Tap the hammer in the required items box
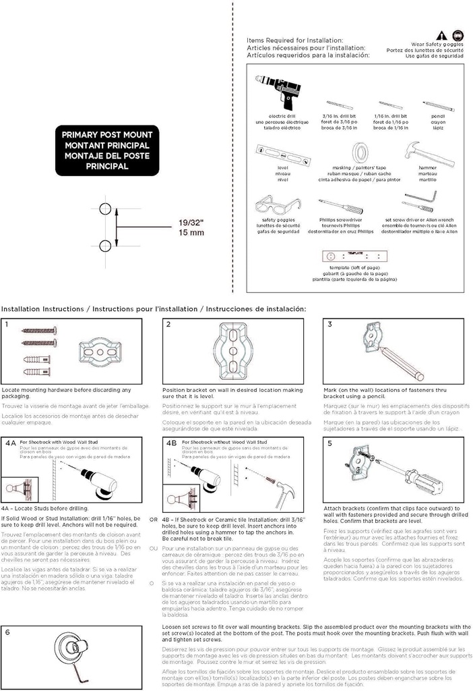[x=420, y=153]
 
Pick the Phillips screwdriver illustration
[x=341, y=206]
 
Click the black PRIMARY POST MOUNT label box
[x=107, y=150]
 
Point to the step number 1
[x=7, y=325]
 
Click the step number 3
[x=330, y=325]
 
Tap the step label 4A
[x=11, y=444]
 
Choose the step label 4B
[x=171, y=444]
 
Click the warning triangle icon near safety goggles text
[x=441, y=35]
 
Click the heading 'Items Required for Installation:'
[x=295, y=40]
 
